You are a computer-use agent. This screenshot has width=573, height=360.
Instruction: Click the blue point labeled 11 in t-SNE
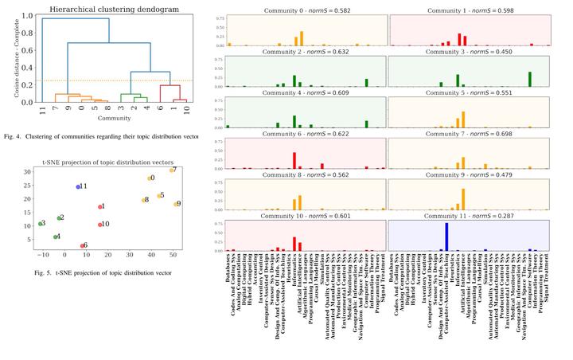[79, 186]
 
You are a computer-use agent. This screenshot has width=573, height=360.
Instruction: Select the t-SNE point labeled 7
[171, 170]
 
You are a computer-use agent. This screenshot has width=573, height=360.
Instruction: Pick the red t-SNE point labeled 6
[82, 245]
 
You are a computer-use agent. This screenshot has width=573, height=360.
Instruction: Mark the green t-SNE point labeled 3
[40, 224]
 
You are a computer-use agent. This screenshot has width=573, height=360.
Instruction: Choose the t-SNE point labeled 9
[176, 204]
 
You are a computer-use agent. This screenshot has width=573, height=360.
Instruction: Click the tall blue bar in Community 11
[447, 237]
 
